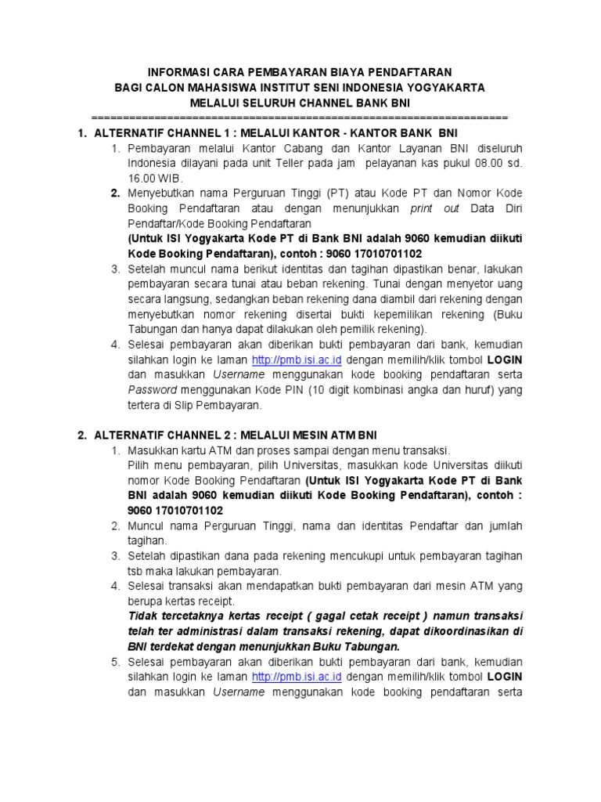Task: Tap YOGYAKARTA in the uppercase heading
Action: [446, 87]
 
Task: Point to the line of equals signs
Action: [300, 117]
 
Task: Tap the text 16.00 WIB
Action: [154, 178]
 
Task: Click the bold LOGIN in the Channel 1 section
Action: [505, 359]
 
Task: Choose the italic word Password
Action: [151, 390]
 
